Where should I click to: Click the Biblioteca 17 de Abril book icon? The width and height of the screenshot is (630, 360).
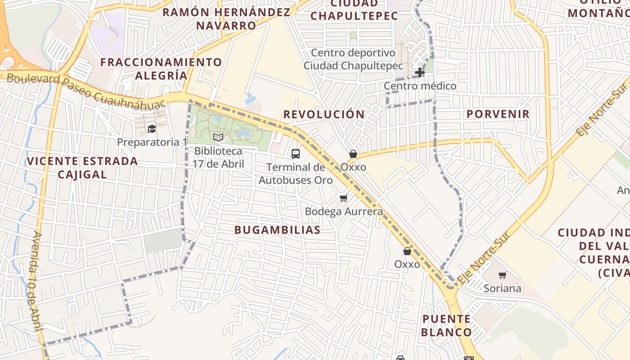pos(218,137)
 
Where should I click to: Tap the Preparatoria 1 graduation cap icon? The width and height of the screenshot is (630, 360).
pos(152,129)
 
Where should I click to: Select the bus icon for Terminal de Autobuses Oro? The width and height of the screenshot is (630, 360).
pos(296,154)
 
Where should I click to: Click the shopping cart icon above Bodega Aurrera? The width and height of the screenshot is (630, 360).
pos(344,198)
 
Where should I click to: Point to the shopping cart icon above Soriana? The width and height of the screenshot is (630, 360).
pos(503,275)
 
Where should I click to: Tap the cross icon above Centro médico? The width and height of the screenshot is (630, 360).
pos(420,72)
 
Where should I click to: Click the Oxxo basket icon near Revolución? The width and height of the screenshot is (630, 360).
pos(353,154)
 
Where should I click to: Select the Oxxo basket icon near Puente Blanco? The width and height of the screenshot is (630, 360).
pos(407,251)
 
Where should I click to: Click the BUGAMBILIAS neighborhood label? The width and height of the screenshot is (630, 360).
pos(277,230)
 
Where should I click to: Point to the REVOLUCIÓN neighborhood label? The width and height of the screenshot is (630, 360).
pos(324,114)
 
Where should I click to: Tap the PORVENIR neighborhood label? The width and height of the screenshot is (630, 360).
pos(498,114)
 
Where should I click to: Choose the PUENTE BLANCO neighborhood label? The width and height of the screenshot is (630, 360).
pos(447,326)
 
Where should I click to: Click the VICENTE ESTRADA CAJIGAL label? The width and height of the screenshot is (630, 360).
pos(82,167)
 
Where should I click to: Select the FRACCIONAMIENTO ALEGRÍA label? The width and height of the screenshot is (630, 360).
pos(161,68)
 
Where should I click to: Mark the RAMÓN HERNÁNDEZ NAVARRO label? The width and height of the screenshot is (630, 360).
pos(226,18)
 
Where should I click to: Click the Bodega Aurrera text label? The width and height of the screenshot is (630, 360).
pos(344,211)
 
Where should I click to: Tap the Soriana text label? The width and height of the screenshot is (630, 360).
pos(502,288)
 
